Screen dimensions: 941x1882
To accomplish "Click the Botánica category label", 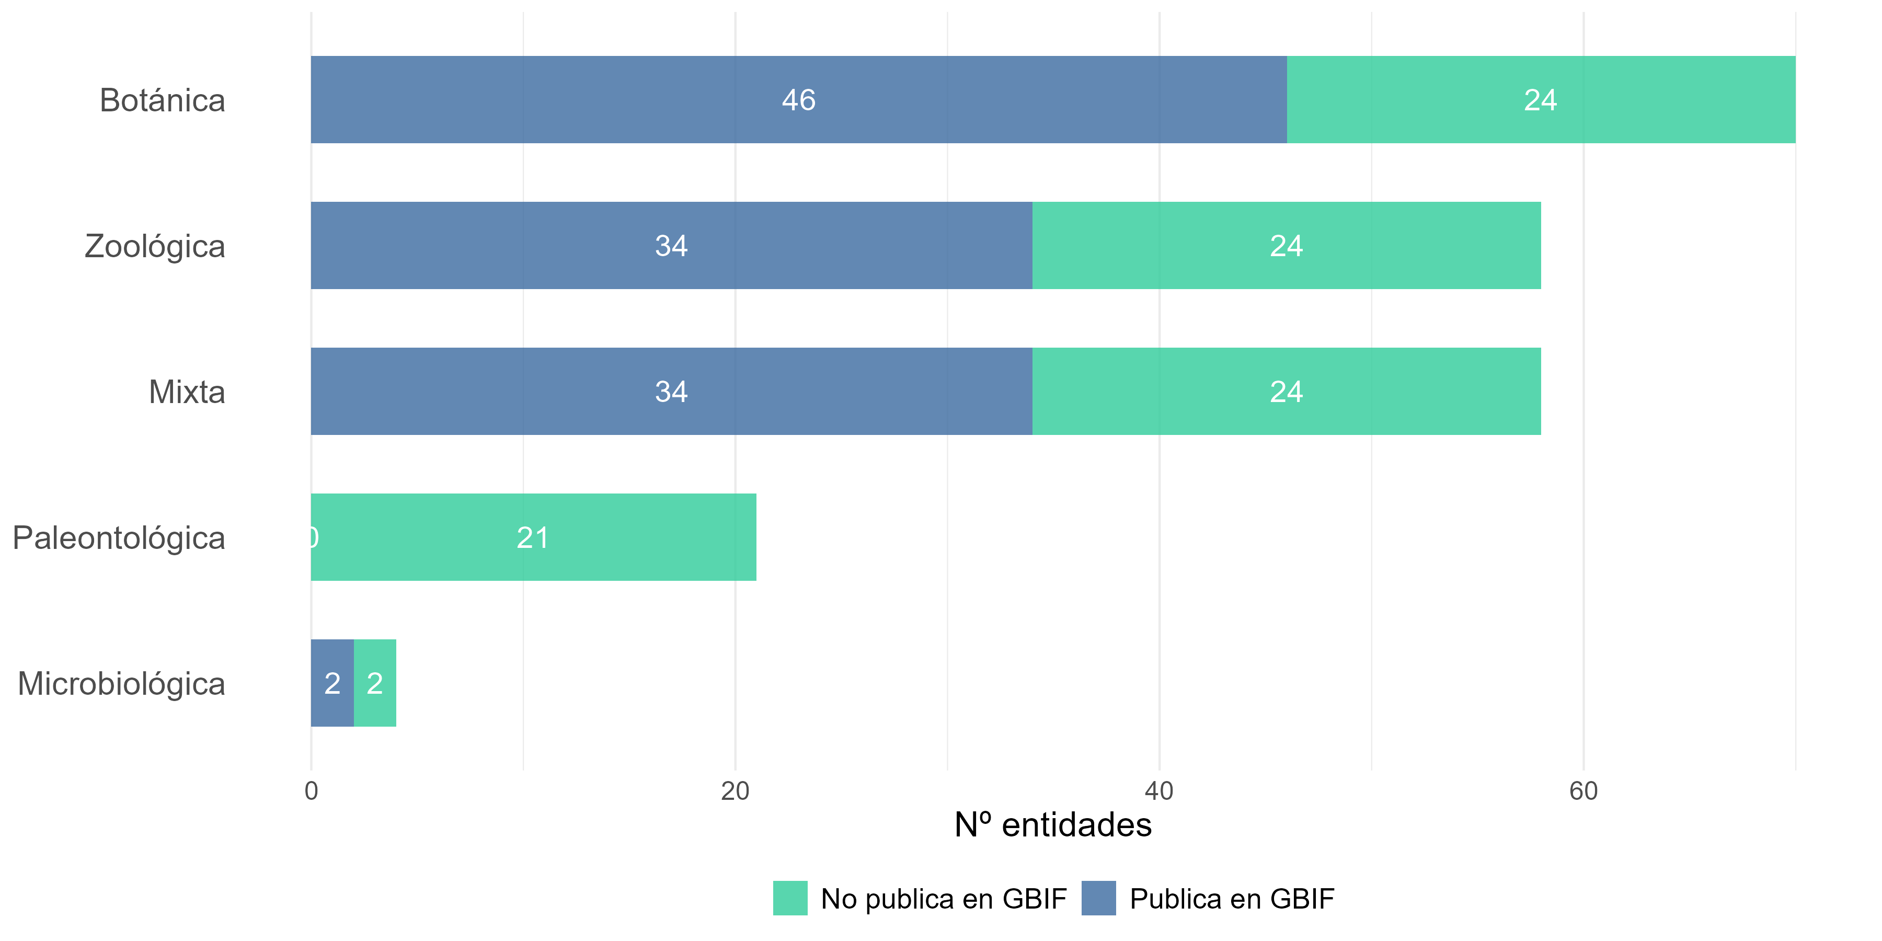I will (162, 100).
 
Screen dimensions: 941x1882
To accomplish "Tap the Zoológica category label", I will (155, 246).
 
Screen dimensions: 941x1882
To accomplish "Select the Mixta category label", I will (187, 392).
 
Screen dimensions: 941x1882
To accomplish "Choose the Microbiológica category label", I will (121, 684).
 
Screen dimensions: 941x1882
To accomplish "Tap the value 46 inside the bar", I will (798, 100).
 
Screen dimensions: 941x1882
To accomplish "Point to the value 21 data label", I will (533, 538).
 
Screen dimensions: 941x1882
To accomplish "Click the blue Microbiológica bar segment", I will (332, 684).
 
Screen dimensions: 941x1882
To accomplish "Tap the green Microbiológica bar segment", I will (375, 684).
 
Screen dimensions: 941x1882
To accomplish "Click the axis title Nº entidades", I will (1053, 825).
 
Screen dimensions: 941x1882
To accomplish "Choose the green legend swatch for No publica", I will (790, 899).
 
